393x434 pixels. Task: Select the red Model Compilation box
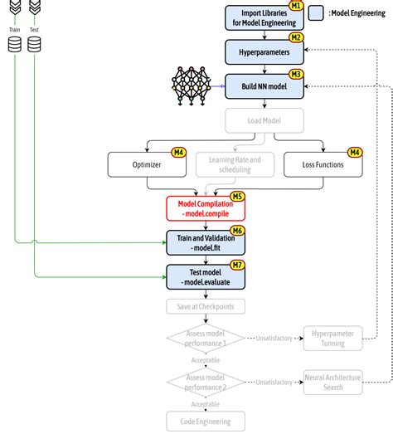[206, 207]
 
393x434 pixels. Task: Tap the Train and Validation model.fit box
[206, 241]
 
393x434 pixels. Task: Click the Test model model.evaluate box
[206, 276]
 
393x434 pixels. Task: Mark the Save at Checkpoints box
[206, 307]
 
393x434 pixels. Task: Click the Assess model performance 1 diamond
[206, 339]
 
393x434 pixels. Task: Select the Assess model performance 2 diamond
[206, 382]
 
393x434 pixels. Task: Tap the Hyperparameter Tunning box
[332, 339]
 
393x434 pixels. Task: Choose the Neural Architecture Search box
[332, 382]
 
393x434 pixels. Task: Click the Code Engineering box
[206, 421]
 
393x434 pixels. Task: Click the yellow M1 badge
[296, 5]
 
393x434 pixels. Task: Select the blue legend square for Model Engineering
[316, 13]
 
